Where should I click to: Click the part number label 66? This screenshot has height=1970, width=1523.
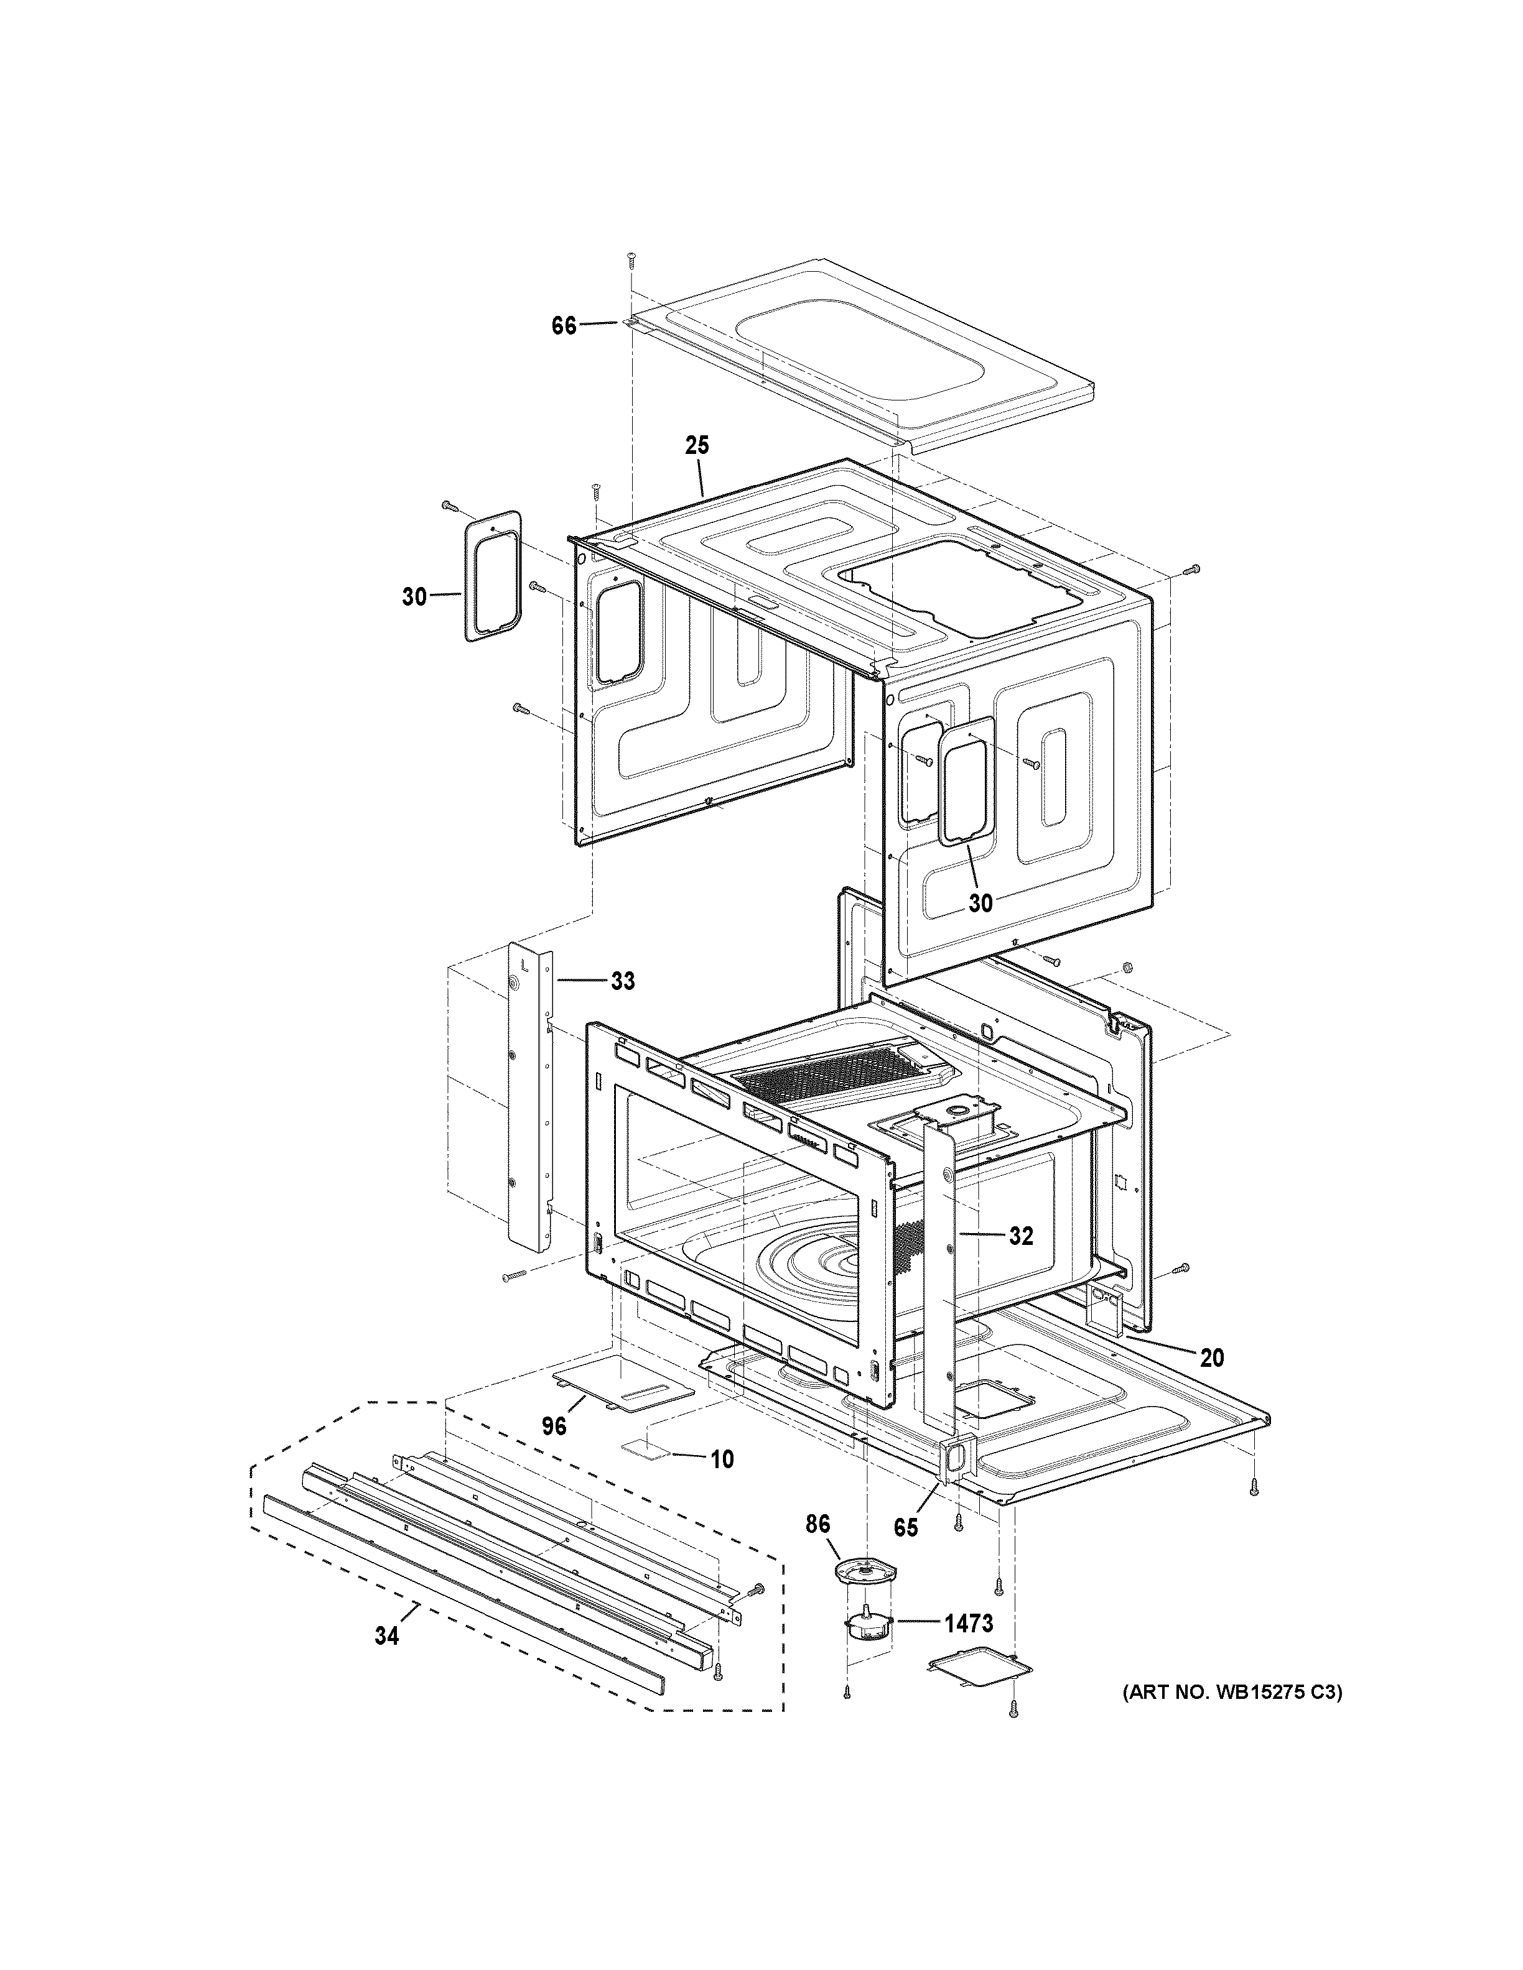(x=564, y=326)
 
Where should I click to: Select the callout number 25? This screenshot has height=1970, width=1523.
(x=697, y=446)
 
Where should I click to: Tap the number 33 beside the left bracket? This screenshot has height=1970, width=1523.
(x=623, y=981)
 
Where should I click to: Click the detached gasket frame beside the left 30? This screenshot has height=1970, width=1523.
(x=493, y=576)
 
